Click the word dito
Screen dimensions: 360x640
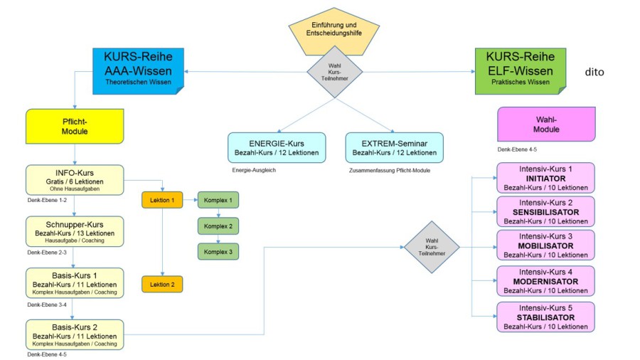pos(594,72)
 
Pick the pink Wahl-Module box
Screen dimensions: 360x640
pos(546,125)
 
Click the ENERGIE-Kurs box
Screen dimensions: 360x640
pos(277,148)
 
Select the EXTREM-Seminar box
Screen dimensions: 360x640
pos(394,148)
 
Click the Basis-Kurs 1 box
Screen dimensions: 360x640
pos(74,283)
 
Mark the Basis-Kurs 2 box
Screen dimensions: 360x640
pos(74,334)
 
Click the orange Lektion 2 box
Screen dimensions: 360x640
pos(162,285)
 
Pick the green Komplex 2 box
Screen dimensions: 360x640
pos(218,226)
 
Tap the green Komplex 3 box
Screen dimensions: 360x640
pos(218,251)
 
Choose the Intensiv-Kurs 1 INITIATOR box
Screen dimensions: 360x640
pos(546,178)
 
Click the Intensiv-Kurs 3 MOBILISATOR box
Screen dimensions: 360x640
pos(546,245)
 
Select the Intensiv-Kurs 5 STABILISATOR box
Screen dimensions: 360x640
pos(546,317)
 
